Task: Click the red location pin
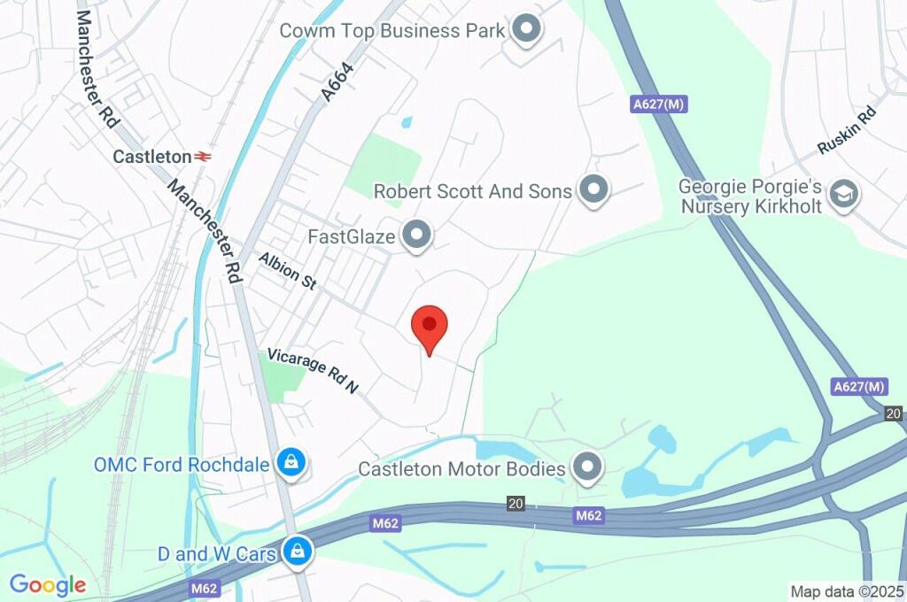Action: (430, 326)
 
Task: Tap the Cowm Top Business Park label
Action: (391, 31)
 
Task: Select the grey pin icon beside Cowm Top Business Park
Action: (527, 30)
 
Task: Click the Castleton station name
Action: (151, 157)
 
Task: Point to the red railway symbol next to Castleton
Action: (204, 157)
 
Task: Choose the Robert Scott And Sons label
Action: (472, 191)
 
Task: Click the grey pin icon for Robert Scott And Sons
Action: (593, 189)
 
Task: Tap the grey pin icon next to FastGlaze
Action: (415, 235)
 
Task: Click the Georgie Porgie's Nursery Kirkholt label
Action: (751, 197)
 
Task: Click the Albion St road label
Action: (288, 270)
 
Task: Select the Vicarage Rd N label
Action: (312, 369)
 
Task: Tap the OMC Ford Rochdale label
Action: (182, 464)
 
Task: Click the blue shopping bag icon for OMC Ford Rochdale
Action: (290, 461)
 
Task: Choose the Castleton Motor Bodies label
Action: (461, 468)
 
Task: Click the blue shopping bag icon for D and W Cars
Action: (297, 552)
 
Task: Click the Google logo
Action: (48, 584)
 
